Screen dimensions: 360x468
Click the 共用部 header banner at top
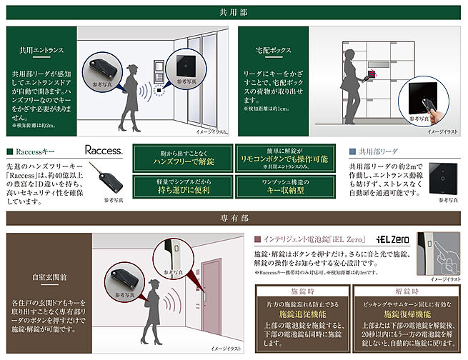234,12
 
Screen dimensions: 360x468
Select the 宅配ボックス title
274,51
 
